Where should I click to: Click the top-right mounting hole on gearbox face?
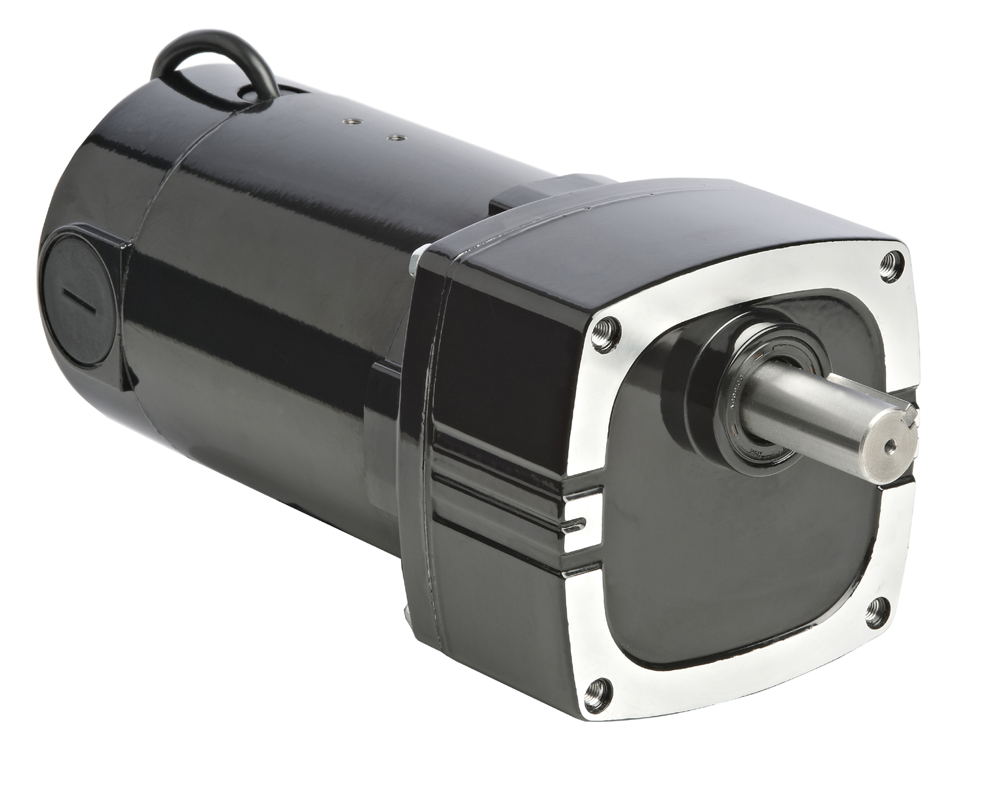click(x=892, y=261)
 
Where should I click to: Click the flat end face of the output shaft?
click(x=885, y=445)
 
